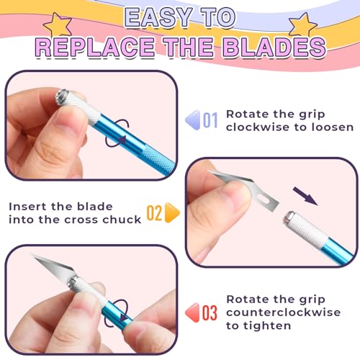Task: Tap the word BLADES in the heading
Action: point(274,47)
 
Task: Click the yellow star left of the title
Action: point(58,24)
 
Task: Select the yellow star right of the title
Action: point(303,25)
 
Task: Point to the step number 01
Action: point(210,120)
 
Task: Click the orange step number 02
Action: point(154,212)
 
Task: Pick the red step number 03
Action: point(210,312)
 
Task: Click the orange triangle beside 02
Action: point(172,212)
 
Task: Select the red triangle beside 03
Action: point(193,312)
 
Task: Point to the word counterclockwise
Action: point(283,312)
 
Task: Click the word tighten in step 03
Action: point(267,326)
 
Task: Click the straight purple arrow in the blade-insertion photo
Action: point(305,197)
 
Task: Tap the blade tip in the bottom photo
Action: point(32,256)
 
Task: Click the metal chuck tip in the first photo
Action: point(63,96)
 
